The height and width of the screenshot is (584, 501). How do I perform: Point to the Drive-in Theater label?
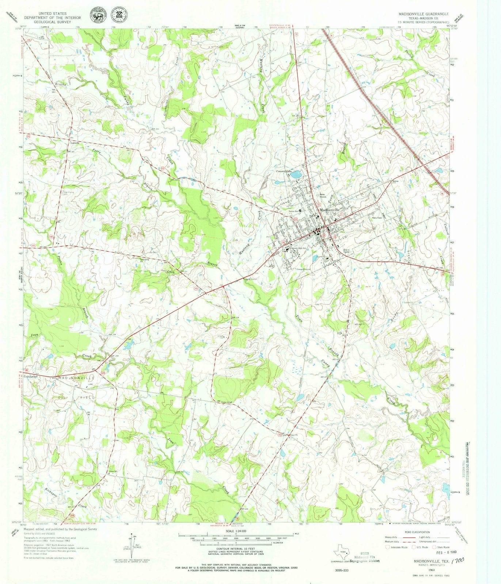click(x=347, y=251)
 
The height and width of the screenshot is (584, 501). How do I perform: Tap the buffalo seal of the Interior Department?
click(x=97, y=17)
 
